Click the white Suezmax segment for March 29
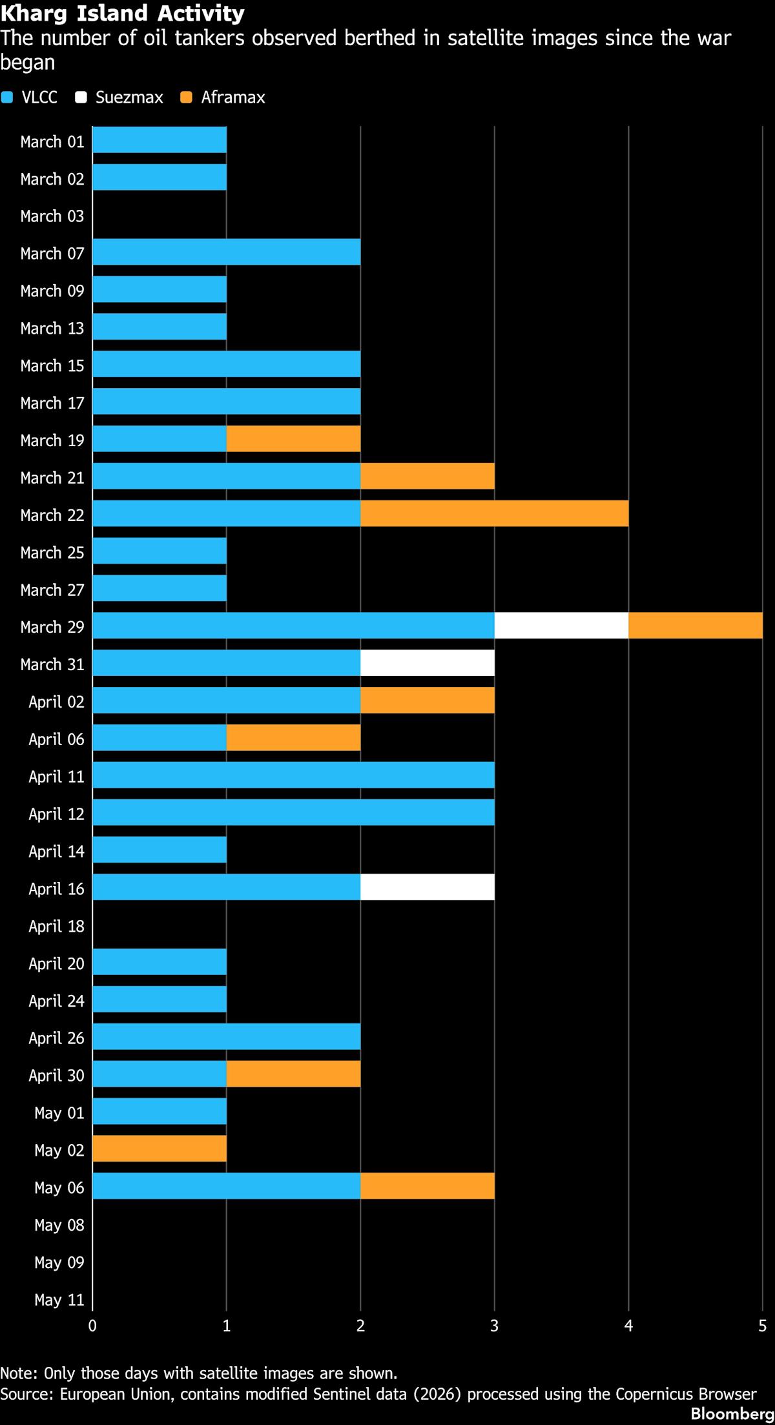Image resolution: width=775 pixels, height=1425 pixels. tap(561, 626)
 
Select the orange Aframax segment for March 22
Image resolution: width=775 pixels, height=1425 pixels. tap(495, 513)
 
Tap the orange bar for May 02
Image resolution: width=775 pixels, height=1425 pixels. tap(160, 1149)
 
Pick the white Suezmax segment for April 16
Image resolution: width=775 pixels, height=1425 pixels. tap(428, 887)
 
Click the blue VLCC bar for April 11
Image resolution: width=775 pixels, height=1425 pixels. tap(294, 775)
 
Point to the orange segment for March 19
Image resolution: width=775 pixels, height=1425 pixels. tap(293, 438)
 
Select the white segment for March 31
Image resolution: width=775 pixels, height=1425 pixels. tap(428, 663)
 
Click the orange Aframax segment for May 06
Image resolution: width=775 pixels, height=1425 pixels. tap(428, 1186)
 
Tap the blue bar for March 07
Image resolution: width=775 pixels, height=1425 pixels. tap(227, 252)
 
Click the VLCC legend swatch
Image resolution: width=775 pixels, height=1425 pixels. tap(7, 97)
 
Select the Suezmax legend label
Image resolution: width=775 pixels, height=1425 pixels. tap(129, 97)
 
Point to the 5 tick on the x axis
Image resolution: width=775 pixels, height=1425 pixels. tap(763, 1326)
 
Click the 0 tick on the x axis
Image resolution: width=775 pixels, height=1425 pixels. tap(93, 1326)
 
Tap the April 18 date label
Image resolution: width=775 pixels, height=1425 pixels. tap(56, 927)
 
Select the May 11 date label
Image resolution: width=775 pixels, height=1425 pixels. tap(59, 1300)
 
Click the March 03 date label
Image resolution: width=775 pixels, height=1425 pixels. tap(52, 216)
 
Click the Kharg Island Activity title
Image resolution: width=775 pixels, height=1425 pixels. tap(123, 13)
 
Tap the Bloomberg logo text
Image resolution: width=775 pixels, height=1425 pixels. tap(732, 1413)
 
